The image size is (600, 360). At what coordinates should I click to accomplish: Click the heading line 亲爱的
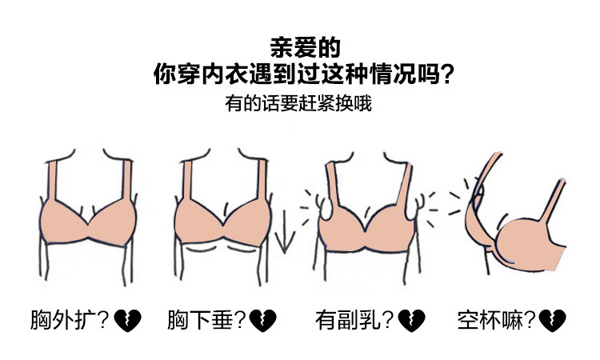click(x=299, y=44)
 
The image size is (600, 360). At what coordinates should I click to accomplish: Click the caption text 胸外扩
click(x=61, y=320)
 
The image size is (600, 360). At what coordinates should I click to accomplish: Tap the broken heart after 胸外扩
click(x=127, y=321)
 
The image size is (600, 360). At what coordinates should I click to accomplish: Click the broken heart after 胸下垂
click(x=265, y=321)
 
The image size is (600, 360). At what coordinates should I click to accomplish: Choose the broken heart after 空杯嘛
click(x=553, y=321)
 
